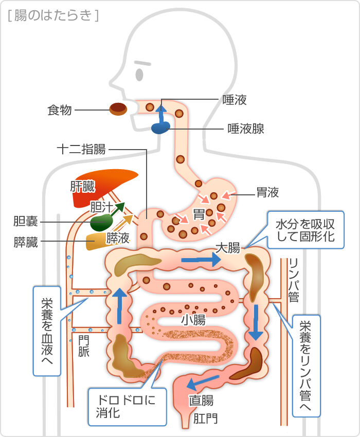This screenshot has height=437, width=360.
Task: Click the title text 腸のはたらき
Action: click(53, 15)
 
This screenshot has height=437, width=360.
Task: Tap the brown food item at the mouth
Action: click(118, 109)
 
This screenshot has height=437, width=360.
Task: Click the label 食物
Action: click(60, 110)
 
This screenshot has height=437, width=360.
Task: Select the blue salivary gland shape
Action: click(160, 128)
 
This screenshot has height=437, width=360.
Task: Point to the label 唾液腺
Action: click(246, 129)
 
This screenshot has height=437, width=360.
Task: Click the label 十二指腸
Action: click(81, 150)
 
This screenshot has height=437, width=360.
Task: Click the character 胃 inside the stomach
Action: click(199, 214)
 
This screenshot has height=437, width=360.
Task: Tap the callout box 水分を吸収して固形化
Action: click(305, 230)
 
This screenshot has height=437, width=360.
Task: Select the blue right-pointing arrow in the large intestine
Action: click(201, 260)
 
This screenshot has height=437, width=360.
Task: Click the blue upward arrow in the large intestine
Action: click(120, 306)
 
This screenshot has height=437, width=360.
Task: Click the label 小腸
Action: click(193, 320)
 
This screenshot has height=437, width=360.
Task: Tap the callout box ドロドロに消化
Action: click(128, 407)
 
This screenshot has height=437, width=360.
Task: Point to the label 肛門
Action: click(206, 418)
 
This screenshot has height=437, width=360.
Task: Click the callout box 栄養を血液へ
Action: click(47, 331)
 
